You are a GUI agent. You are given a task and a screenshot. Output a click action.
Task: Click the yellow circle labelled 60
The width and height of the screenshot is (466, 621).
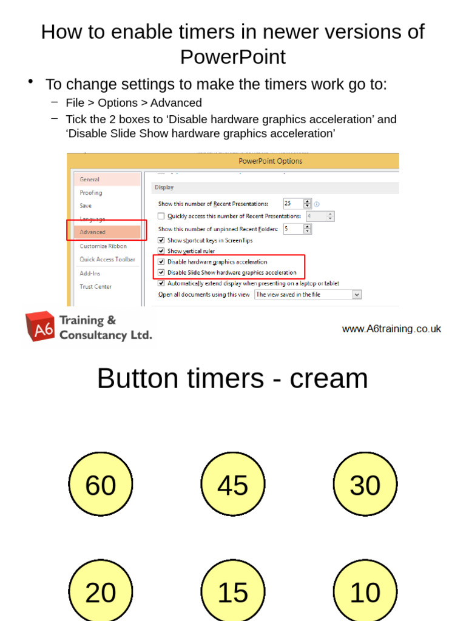pos(100,484)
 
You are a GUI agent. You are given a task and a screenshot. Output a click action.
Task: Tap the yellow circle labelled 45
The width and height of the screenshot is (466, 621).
pos(233,484)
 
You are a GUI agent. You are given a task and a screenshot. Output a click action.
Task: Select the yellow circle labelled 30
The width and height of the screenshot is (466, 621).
pos(365,484)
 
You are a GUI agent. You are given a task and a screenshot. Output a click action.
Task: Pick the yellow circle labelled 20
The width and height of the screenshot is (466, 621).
pos(100,591)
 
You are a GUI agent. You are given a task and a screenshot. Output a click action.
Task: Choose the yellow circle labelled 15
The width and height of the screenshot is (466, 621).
pos(233,591)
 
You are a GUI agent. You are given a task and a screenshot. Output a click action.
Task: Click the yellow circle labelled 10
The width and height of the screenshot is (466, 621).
pos(365,591)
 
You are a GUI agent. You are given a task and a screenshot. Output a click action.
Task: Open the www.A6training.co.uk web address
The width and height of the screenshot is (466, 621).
pos(391,329)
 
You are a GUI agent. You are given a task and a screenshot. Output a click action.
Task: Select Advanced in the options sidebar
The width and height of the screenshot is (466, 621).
pos(93,232)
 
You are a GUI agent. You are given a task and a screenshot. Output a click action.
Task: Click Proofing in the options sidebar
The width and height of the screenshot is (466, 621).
pos(91,193)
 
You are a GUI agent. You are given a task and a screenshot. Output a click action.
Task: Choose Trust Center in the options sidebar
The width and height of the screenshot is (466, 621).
pos(96,286)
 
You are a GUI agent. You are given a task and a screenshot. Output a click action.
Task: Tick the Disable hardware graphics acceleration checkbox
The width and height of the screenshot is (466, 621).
pos(161,262)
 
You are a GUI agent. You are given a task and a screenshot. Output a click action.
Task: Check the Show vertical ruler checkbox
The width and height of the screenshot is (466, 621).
pos(161,251)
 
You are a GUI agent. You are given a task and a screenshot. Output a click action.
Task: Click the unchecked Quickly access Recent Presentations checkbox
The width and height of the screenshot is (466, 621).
pos(161,216)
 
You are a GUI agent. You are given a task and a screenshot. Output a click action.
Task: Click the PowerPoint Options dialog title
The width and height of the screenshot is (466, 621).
pos(270,161)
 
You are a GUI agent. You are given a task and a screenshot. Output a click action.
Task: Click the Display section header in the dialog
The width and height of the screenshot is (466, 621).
pos(164,188)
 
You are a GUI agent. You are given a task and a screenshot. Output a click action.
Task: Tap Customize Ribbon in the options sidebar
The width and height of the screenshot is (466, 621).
pos(103,246)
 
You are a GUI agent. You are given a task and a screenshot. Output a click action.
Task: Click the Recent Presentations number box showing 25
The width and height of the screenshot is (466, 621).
pos(292,204)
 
